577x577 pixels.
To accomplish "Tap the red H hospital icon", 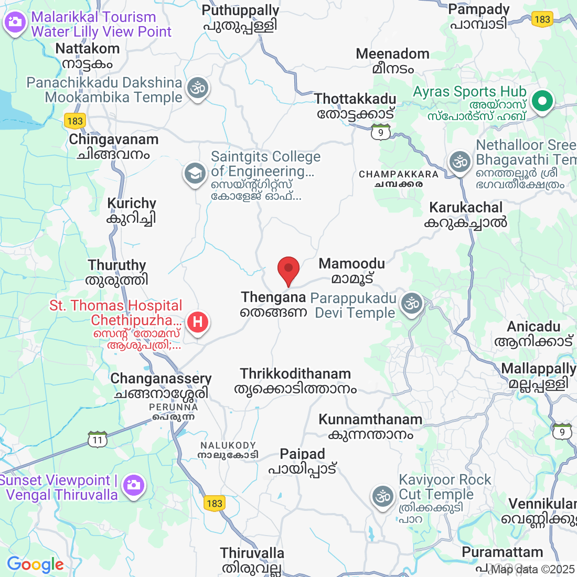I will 198,321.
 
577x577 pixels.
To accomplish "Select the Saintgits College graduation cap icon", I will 195,173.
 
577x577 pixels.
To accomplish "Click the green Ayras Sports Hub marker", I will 543,100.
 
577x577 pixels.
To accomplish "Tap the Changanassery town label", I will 161,379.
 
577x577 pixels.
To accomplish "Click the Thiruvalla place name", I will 252,553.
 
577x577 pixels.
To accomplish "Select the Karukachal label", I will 466,208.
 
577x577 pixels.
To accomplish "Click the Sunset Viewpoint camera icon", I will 134,485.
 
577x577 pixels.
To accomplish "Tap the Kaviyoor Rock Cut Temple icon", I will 382,496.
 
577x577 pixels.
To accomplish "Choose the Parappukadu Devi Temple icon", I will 412,303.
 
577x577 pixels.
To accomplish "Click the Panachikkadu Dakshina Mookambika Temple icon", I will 198,88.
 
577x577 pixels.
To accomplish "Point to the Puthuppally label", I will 240,10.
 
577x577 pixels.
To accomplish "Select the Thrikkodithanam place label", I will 295,374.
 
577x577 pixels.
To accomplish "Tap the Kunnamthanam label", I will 370,420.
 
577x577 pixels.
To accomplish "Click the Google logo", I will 35,564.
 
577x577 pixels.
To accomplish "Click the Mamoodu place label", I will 352,264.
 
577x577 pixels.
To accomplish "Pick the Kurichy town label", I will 132,204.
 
